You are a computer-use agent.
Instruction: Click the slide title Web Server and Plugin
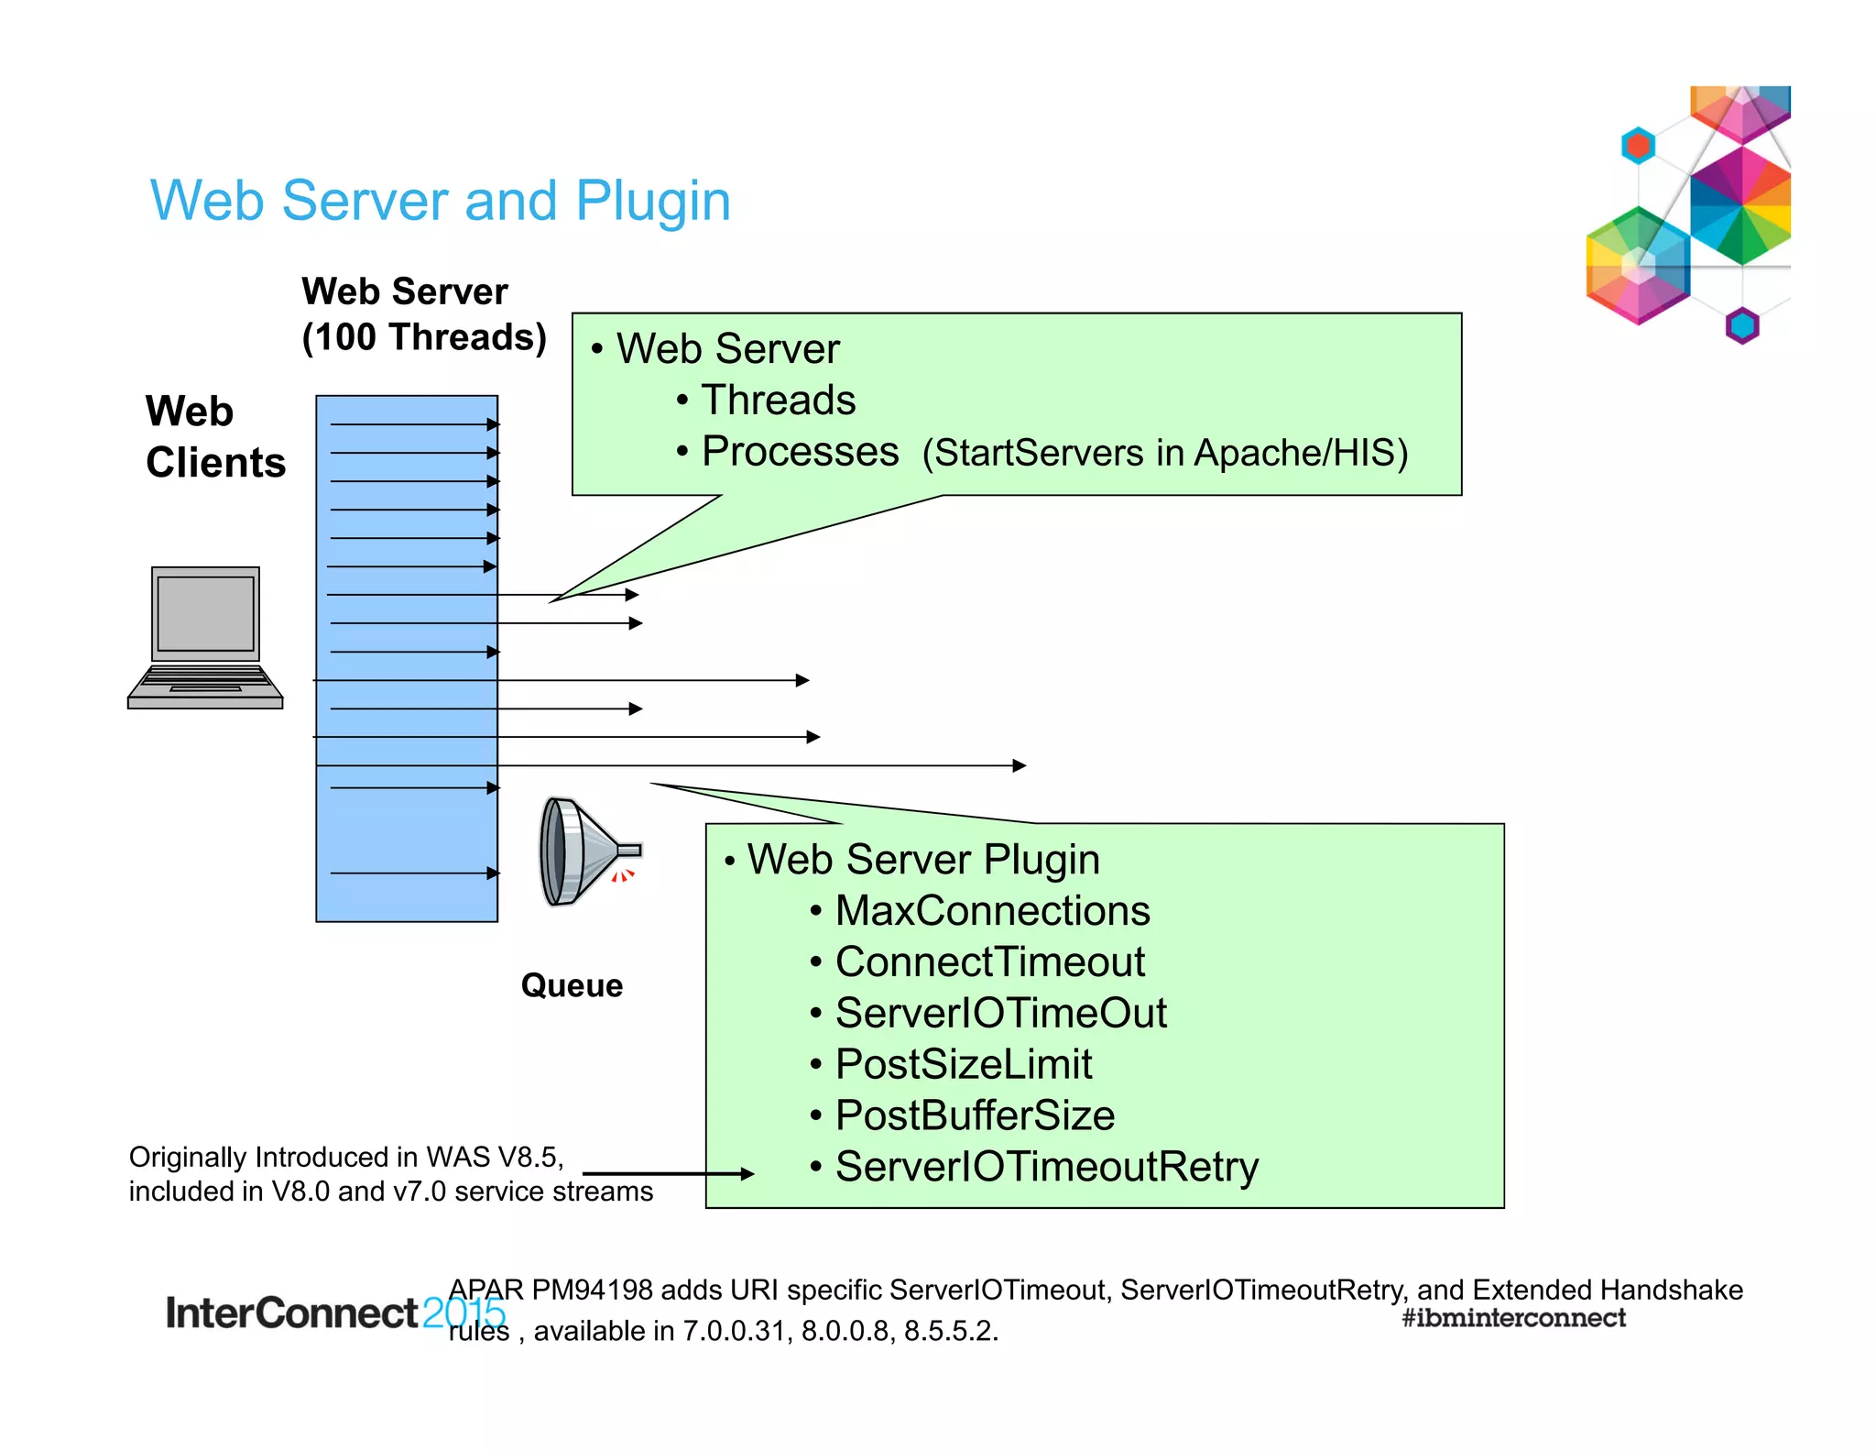click(x=440, y=201)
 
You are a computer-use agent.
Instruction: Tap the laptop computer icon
click(x=205, y=637)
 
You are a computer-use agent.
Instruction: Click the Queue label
click(x=572, y=985)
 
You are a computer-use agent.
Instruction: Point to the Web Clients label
click(x=215, y=437)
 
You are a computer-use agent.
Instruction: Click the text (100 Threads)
click(x=424, y=337)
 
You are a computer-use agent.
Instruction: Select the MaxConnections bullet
click(x=992, y=911)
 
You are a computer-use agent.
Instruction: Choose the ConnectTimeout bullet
click(x=989, y=962)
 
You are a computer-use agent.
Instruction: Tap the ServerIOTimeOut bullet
click(x=1000, y=1014)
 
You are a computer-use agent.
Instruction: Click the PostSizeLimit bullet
click(x=963, y=1065)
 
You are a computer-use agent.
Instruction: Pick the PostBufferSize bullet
click(x=975, y=1116)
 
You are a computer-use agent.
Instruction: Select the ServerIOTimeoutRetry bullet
click(x=1046, y=1168)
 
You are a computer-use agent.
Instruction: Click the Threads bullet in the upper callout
click(x=778, y=401)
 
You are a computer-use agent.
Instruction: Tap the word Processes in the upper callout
click(x=800, y=452)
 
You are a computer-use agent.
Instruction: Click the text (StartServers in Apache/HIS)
click(x=1164, y=454)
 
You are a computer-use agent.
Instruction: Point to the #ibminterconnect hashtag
click(x=1513, y=1318)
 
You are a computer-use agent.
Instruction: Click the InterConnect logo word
click(x=291, y=1313)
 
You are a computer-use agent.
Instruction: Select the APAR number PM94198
click(x=592, y=1290)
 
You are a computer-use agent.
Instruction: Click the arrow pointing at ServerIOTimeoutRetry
click(x=669, y=1173)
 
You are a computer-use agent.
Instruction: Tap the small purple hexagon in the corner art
click(x=1742, y=325)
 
